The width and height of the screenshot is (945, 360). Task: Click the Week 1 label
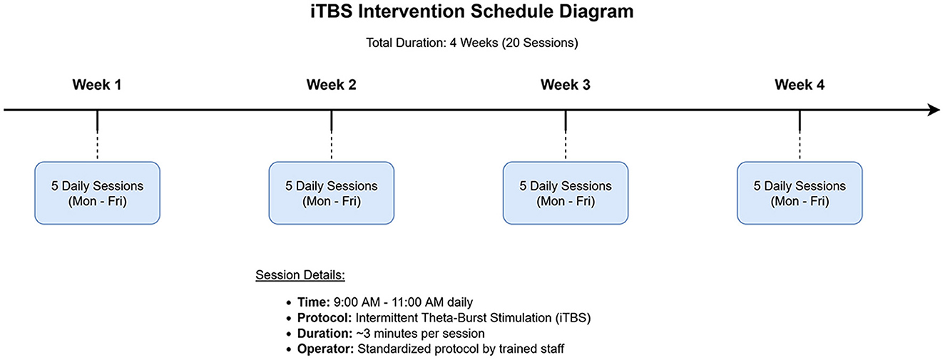tap(96, 85)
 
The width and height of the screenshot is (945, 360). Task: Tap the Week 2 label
tap(331, 85)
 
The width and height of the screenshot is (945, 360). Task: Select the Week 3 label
tap(566, 85)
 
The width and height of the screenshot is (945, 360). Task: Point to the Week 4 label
tap(800, 85)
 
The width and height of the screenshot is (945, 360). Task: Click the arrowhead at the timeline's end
tap(934, 110)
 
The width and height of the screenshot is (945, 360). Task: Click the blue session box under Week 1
tap(98, 193)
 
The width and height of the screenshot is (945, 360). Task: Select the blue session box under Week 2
tap(332, 193)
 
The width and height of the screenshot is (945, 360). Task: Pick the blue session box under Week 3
tap(566, 193)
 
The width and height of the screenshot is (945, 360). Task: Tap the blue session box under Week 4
tap(800, 193)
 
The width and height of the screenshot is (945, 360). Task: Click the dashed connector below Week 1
tap(98, 146)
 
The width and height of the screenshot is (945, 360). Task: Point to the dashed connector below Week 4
tap(800, 146)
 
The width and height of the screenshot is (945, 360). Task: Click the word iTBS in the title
tap(332, 11)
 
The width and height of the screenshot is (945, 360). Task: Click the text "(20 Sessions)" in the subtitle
tap(540, 43)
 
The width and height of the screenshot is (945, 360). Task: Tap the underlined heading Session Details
tap(300, 275)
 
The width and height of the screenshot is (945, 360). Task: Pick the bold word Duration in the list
tap(325, 334)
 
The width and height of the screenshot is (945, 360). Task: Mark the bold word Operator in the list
tap(326, 349)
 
